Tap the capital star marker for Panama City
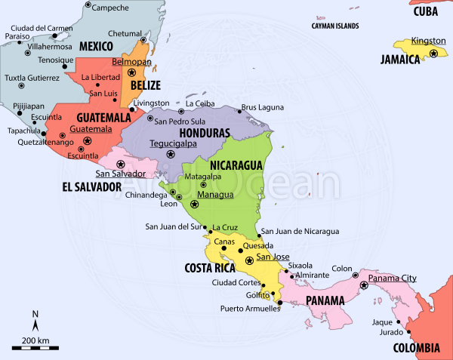click(363, 285)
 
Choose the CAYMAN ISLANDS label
click(335, 26)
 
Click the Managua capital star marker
click(194, 204)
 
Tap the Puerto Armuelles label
click(245, 308)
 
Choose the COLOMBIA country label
click(416, 348)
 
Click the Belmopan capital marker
click(133, 72)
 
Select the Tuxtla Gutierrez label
click(32, 78)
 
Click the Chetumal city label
click(125, 33)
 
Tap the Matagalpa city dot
click(203, 185)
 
